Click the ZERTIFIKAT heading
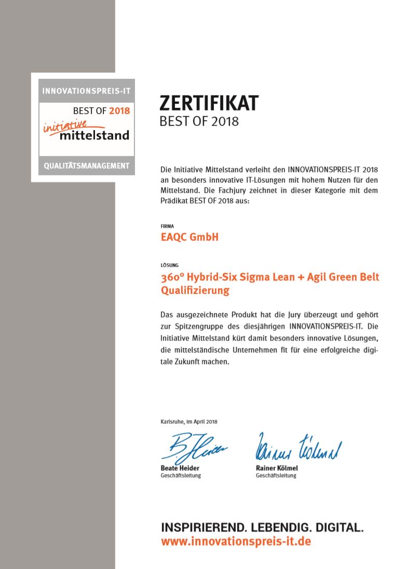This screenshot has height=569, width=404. click(x=208, y=104)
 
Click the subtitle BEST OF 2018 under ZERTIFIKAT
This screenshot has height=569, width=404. click(x=199, y=122)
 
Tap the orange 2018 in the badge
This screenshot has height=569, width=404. click(x=119, y=110)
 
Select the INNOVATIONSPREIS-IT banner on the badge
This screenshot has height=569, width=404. click(x=86, y=91)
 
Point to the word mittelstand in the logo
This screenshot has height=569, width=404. click(x=93, y=135)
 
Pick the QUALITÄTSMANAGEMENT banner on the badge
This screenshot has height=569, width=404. click(x=86, y=166)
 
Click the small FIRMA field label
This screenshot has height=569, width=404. click(x=167, y=226)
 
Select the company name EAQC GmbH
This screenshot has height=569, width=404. click(x=190, y=237)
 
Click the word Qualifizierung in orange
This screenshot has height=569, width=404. click(x=195, y=290)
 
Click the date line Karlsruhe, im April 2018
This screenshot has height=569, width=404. click(x=189, y=422)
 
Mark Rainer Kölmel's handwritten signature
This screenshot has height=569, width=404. click(x=298, y=448)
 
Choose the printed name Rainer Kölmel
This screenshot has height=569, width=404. click(x=277, y=468)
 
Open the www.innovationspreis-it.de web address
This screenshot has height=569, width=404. click(x=236, y=542)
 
